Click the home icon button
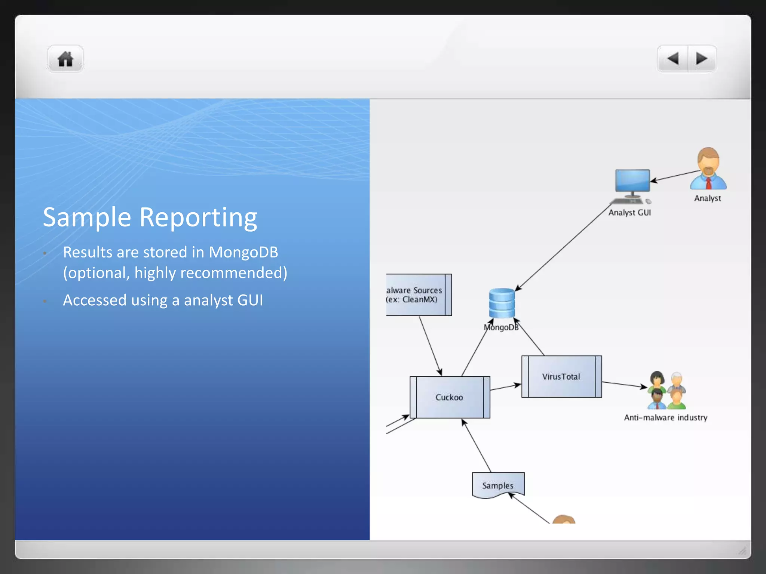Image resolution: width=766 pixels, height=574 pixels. (x=65, y=59)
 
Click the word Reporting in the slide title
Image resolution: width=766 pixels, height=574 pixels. (x=198, y=217)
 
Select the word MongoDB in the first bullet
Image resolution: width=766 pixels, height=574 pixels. (x=243, y=253)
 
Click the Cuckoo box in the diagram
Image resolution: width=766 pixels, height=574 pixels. (x=450, y=397)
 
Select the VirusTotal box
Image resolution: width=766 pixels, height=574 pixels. (x=561, y=376)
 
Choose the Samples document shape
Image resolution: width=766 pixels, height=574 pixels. (x=498, y=485)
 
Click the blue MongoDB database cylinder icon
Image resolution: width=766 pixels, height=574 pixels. (x=502, y=303)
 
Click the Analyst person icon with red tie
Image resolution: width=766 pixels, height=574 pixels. (x=708, y=169)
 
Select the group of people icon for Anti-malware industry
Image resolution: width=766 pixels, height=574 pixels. (x=667, y=391)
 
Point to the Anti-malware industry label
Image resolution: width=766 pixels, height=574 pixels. (x=665, y=418)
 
